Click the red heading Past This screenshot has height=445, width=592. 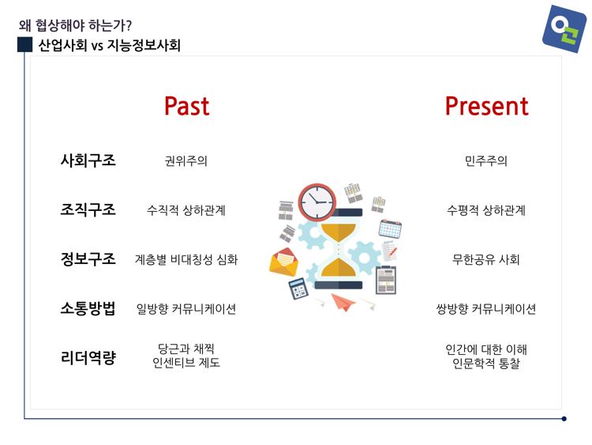click(186, 106)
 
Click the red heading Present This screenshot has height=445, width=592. click(486, 106)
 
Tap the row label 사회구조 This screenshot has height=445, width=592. click(88, 160)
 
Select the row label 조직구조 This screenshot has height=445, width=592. click(88, 209)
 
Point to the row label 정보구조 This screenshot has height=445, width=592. click(88, 259)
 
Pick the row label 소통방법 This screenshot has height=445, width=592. click(88, 308)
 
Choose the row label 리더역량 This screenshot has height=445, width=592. click(88, 358)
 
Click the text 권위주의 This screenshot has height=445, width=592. click(186, 161)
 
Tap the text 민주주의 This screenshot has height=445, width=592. click(486, 161)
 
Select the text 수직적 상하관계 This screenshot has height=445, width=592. click(186, 210)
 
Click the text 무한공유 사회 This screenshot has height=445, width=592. click(486, 259)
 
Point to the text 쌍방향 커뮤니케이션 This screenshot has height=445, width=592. click(486, 309)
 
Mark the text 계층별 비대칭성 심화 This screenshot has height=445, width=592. click(186, 259)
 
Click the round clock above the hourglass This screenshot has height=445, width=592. click(317, 202)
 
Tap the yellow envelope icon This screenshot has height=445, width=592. click(283, 262)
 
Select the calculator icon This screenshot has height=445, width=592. click(298, 288)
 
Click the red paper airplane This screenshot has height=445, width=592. click(343, 303)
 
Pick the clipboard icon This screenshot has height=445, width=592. click(386, 280)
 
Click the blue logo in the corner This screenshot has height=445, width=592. click(564, 29)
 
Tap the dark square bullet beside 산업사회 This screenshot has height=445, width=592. click(25, 44)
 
